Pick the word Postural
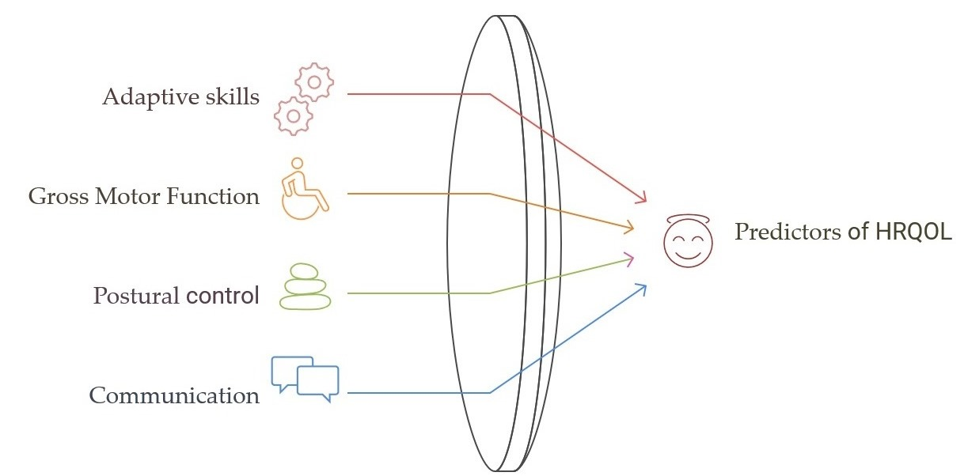136,297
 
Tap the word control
222,296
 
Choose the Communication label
174,395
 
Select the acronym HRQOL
912,232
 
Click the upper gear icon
314,83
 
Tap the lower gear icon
294,116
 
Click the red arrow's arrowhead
643,198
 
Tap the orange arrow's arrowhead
630,229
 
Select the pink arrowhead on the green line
630,256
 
